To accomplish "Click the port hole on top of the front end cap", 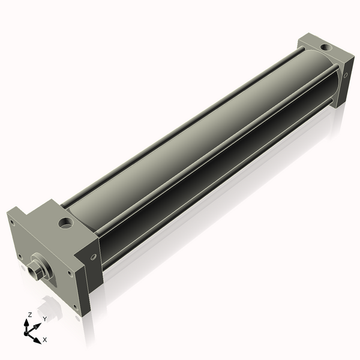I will (64, 225).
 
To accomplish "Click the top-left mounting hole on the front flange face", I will (11, 221).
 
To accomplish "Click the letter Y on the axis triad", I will (45, 319).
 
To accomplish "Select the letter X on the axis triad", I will (45, 340).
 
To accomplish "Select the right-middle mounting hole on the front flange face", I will (71, 274).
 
